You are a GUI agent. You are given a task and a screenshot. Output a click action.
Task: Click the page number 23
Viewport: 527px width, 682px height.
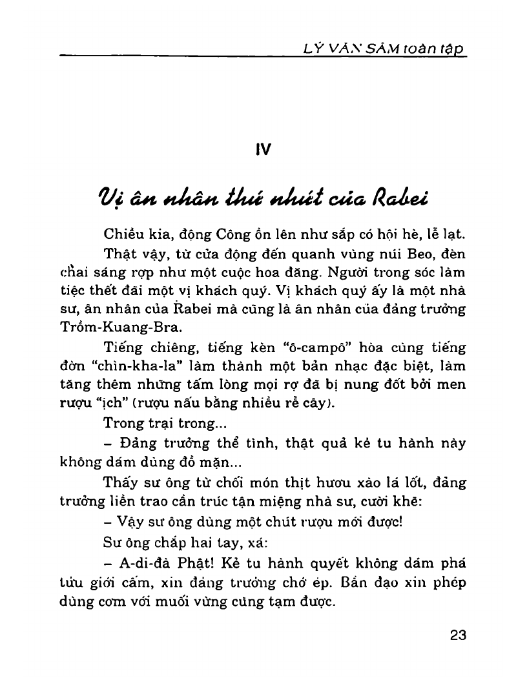457,634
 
